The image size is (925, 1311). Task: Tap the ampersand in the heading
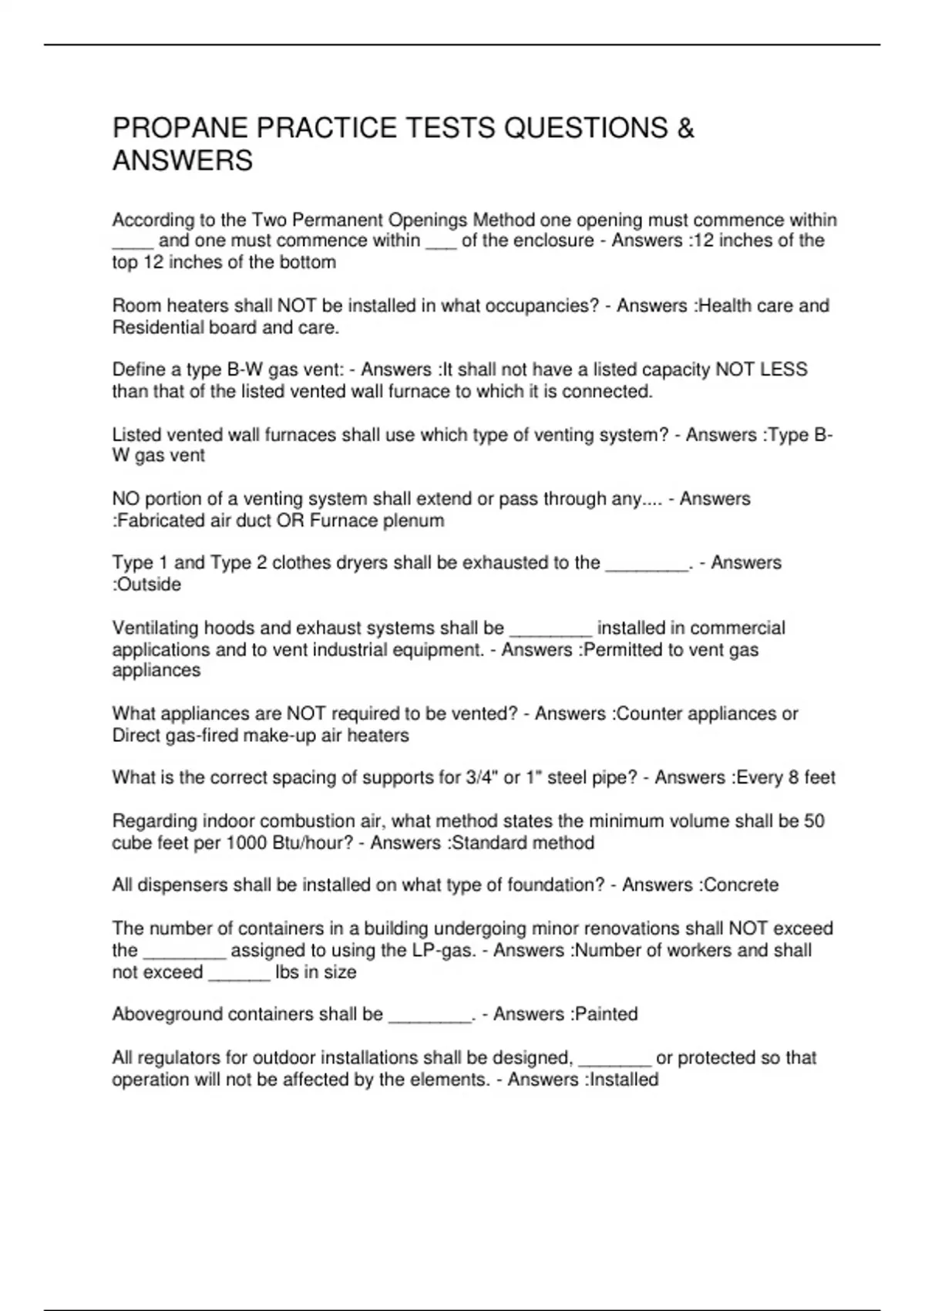coord(685,128)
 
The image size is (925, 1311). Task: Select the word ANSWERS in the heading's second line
coord(183,161)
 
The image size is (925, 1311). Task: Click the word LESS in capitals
coord(784,369)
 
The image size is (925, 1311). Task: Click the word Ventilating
coord(155,628)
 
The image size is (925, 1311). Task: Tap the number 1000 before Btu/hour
coord(247,843)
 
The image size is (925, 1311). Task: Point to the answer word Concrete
coord(741,885)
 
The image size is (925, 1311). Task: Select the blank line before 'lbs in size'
coord(239,974)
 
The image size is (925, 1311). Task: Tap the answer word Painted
coord(606,1014)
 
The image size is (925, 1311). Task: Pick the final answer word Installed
coord(624,1080)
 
